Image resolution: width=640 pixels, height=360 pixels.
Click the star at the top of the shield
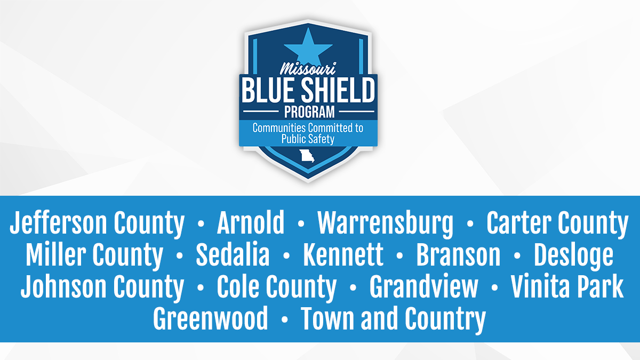pos(308,45)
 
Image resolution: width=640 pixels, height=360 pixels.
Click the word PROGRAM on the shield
pos(308,112)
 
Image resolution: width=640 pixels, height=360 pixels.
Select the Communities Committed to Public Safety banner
pos(308,133)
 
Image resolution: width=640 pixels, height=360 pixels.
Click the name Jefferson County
pos(97,223)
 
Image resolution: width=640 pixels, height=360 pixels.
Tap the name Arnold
pos(251,223)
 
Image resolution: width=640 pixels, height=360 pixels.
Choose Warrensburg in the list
pos(385,223)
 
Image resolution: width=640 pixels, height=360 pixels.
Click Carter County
pos(557,223)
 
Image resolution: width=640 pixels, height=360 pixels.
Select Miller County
pos(94,255)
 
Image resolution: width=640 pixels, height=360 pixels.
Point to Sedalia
pos(233,255)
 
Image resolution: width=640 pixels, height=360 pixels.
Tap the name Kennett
pos(343,255)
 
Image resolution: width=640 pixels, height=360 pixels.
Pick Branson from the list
pos(458,255)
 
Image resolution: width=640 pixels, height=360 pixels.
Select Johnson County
pos(102,287)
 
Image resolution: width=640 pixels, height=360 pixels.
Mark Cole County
pos(276,287)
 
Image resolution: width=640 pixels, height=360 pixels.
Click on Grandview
pos(424,287)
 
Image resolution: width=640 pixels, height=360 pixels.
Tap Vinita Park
pos(567,287)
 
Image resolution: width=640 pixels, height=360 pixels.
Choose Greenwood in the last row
pos(211,319)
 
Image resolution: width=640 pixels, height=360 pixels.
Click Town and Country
pos(393,319)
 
